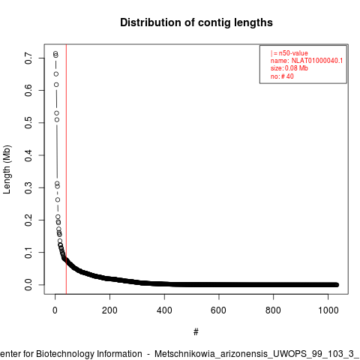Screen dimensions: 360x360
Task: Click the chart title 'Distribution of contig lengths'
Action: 196,22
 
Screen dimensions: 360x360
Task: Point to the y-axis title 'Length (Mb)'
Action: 7,169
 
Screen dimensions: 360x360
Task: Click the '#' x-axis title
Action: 196,332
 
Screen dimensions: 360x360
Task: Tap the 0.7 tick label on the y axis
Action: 28,58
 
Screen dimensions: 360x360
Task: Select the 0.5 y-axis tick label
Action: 28,122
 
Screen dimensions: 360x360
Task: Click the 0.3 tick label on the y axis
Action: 28,187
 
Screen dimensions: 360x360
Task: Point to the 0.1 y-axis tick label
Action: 28,252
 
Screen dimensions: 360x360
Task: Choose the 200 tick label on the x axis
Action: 109,310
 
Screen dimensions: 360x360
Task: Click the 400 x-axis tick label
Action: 164,310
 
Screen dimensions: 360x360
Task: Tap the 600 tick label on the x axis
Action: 219,310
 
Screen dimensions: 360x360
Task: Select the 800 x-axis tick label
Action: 273,310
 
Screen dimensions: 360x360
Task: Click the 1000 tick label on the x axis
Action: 328,310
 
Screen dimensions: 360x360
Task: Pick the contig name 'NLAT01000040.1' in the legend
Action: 317,61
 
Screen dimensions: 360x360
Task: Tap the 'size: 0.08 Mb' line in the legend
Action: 289,68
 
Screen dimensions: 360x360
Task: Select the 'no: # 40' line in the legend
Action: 282,76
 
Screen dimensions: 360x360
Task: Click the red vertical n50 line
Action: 66,169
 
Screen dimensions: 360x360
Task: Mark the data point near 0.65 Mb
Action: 56,74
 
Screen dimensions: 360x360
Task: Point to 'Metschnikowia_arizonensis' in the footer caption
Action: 212,354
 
